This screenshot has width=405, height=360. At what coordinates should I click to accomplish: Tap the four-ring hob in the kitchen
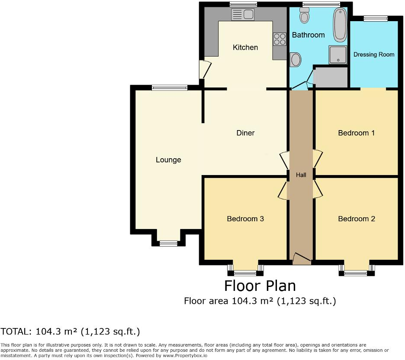point(279,39)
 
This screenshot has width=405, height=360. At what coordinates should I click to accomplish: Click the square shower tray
point(337,55)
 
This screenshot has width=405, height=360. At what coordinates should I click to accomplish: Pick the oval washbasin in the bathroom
point(296,60)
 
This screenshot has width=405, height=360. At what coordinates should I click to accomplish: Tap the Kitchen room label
point(245,48)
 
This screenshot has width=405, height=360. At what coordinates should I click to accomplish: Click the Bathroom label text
point(308,35)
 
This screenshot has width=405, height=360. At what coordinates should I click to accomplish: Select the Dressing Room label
point(374,54)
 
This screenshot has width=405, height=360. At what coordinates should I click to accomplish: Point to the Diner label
point(245,133)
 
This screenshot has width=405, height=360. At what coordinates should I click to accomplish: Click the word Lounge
point(168,160)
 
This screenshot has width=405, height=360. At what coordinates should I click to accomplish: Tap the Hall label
point(301,175)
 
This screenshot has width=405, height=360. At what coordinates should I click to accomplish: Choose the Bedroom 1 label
point(356,133)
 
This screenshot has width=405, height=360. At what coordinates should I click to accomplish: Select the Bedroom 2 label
point(356,219)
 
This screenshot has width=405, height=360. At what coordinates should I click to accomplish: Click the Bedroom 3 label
point(245,219)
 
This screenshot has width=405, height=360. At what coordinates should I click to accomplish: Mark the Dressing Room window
point(375,18)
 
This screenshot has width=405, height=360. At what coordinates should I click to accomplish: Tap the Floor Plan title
point(260,286)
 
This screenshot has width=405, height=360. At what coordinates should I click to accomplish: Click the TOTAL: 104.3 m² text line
point(70,332)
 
